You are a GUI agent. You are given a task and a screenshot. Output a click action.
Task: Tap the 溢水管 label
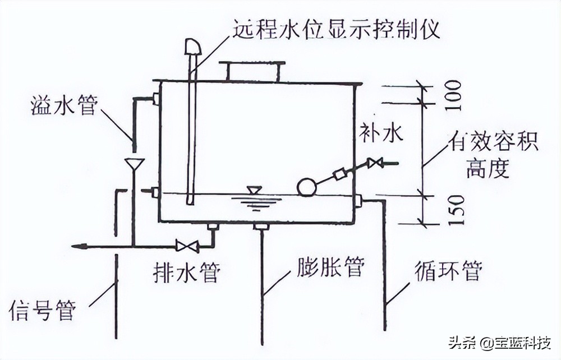tap(64, 105)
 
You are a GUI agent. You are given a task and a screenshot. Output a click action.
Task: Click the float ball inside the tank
tap(307, 187)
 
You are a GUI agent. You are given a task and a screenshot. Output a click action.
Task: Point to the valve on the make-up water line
tap(375, 164)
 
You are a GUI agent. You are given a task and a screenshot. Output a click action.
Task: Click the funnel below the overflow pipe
tap(134, 164)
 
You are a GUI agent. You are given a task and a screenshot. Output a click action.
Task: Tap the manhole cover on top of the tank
tap(252, 71)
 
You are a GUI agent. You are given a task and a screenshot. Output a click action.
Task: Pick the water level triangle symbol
tap(254, 190)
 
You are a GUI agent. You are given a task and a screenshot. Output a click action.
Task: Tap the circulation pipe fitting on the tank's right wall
tap(357, 200)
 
